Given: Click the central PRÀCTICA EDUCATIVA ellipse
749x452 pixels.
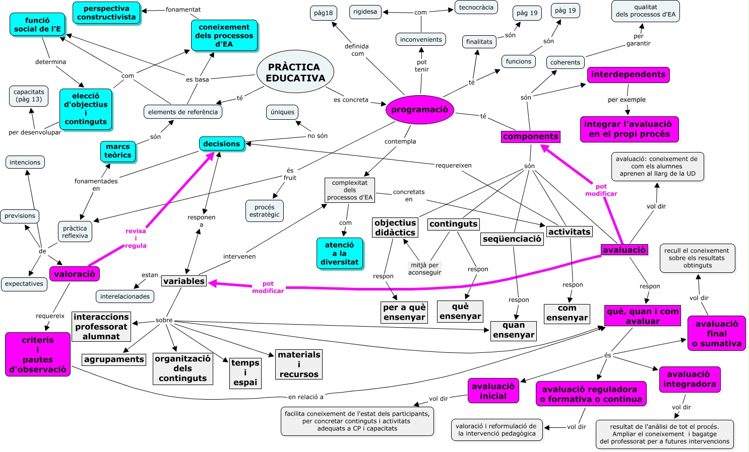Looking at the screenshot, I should coord(295,72).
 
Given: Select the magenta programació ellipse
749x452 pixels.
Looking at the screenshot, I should coord(419,110).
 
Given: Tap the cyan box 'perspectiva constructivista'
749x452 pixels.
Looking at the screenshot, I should coord(106,13).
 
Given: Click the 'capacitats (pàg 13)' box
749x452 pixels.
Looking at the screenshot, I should coord(29,96).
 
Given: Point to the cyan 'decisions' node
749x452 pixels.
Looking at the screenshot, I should coord(221,144).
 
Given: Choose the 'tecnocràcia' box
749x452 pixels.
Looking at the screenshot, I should coord(476,8).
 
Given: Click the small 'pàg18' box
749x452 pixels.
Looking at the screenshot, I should coord(323,13).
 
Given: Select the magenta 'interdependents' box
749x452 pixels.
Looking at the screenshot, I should coord(628,74).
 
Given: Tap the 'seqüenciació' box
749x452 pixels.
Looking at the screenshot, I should coord(512,239).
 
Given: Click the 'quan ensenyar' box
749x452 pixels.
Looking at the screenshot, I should coord(513,330).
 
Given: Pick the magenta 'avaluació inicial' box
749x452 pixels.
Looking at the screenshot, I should coord(493,391).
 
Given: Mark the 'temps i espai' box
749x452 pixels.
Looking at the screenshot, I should coord(245,372).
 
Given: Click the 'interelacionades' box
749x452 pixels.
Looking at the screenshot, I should coord(125,296).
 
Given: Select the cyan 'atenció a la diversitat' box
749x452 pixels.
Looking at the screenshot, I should coord(339,253).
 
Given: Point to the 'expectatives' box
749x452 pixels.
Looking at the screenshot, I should coord(24,284).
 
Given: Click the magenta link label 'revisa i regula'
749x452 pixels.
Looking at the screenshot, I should coord(136,238).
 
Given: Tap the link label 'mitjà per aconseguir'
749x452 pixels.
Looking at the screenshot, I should coord(424,269).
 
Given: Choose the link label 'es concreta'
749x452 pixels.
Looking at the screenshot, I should coord(351,100).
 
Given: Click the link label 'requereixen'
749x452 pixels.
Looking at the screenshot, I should coord(453,165).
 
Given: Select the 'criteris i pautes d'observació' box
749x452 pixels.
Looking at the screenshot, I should coord(38,354).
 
